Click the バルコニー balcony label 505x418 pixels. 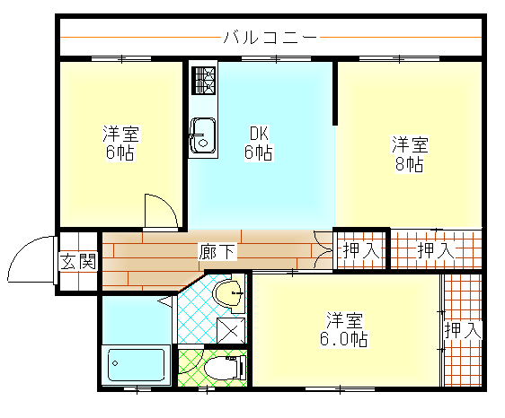[269, 38]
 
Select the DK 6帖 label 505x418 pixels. [259, 144]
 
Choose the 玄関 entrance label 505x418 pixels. [78, 262]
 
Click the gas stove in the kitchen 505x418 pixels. [203, 81]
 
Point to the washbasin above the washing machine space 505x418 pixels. [229, 292]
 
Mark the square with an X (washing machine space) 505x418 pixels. [230, 329]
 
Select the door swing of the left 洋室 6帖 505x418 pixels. [163, 210]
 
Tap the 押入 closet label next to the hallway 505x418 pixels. [360, 250]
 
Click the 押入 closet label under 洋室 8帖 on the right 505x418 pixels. [437, 250]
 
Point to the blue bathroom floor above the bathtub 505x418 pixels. [135, 318]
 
